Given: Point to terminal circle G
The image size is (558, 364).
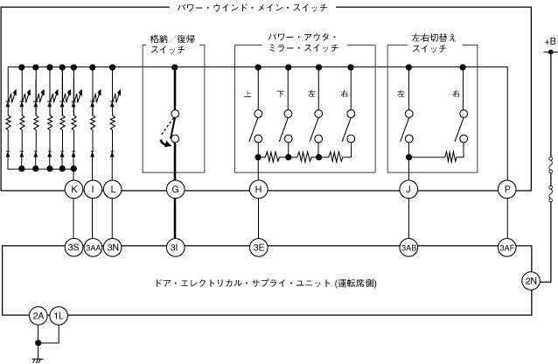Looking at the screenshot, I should pos(175,189).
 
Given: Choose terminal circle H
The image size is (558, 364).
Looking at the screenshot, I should pos(257,189).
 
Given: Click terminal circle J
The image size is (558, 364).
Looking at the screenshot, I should pos(408,189).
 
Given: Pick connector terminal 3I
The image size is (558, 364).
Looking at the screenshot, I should pos(175,247).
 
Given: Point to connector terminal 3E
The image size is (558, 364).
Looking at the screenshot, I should pos(257,247).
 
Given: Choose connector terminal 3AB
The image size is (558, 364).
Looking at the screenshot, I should pos(408,247).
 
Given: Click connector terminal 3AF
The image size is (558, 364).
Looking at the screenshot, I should pos(506,247).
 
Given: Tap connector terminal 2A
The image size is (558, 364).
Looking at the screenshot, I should pos(38,316).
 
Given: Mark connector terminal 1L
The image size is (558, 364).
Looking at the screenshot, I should pos(58,316).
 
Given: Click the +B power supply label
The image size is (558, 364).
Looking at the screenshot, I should pos(548,41).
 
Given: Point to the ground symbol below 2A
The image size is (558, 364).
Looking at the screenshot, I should pos(38,357).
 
